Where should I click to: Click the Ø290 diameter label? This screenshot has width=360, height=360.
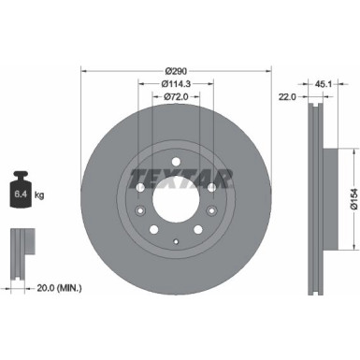click(x=174, y=71)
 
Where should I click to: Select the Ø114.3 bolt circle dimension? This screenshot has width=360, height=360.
click(x=174, y=84)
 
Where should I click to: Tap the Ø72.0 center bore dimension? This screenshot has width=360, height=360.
click(x=174, y=96)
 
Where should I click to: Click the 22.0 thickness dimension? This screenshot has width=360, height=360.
click(x=288, y=95)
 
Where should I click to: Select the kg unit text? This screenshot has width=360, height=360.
click(x=44, y=194)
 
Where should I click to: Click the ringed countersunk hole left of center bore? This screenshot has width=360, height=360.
click(x=138, y=187)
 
